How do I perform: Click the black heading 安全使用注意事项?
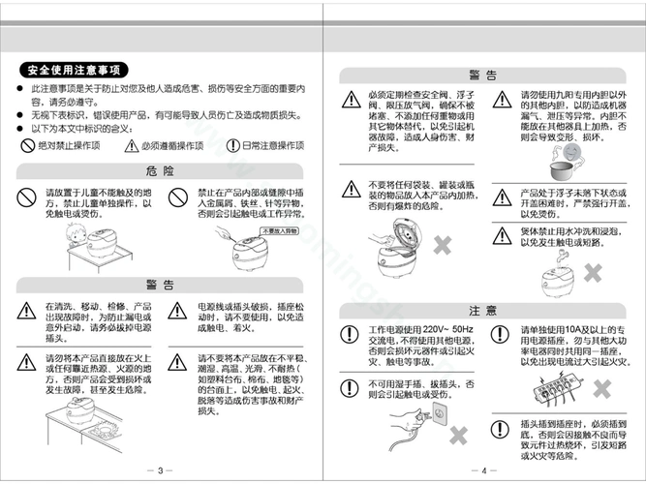74,70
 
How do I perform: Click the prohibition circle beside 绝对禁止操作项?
27,146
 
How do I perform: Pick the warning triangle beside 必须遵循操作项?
132,146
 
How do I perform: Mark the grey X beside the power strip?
602,388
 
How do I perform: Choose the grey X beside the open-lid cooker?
444,244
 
